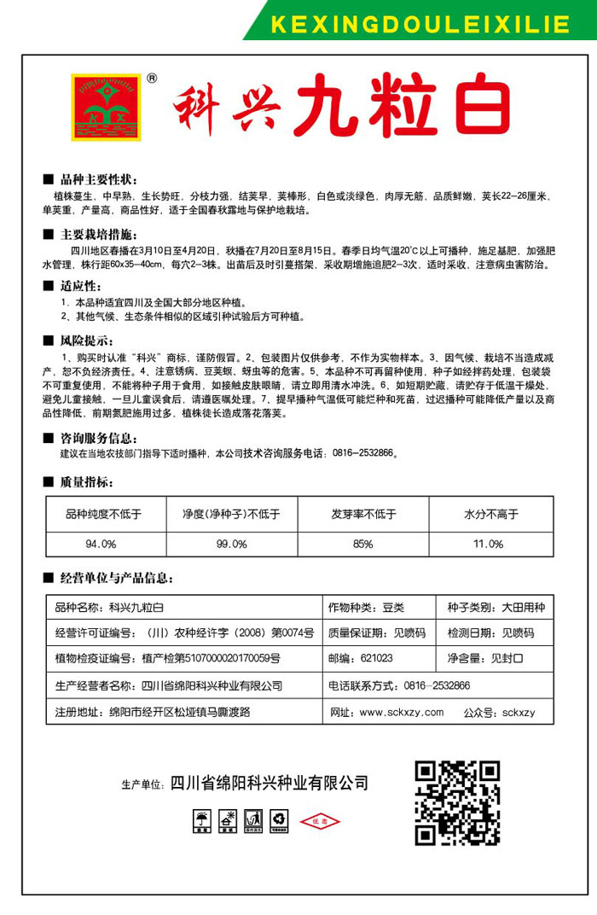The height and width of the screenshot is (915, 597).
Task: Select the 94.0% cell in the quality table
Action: coord(101,544)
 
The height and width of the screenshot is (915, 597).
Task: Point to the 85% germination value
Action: coord(362,544)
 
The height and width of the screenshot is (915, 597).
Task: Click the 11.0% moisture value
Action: coord(489,544)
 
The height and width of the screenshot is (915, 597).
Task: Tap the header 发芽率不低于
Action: coord(362,515)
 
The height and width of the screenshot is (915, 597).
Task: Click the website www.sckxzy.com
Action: coord(401,712)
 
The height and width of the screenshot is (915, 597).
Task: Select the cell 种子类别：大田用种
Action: coord(495,607)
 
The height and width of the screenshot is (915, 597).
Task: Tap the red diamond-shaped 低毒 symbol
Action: coord(320,821)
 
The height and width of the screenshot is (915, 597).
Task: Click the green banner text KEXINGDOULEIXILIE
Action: coord(420,24)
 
